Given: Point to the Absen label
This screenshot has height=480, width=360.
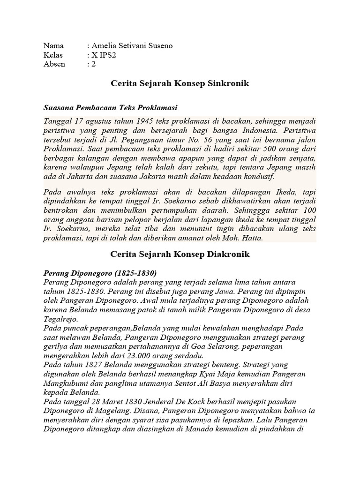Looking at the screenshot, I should point(54,64).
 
